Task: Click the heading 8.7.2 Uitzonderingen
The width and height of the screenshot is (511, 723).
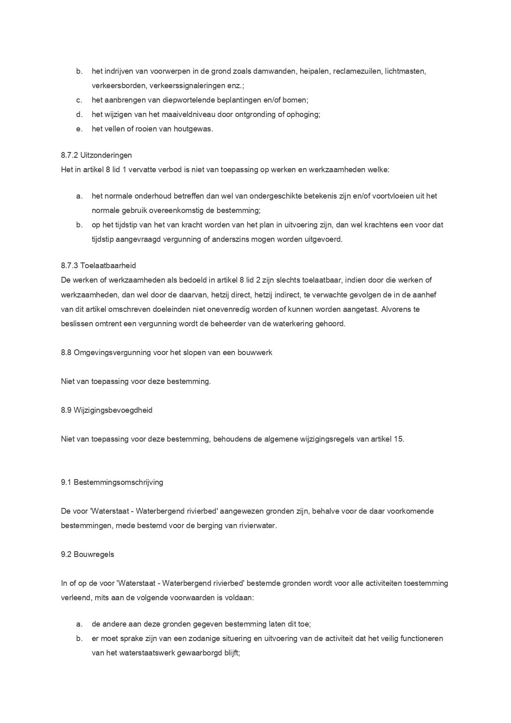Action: point(96,155)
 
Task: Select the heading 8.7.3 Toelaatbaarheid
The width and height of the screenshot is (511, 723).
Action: point(98,266)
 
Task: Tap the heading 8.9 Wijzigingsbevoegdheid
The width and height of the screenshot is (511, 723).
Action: point(107,410)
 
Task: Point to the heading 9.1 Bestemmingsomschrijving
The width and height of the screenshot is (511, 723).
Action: point(112,482)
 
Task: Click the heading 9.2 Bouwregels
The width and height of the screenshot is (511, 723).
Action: point(87,555)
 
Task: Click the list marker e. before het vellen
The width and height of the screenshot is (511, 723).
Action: point(79,129)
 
